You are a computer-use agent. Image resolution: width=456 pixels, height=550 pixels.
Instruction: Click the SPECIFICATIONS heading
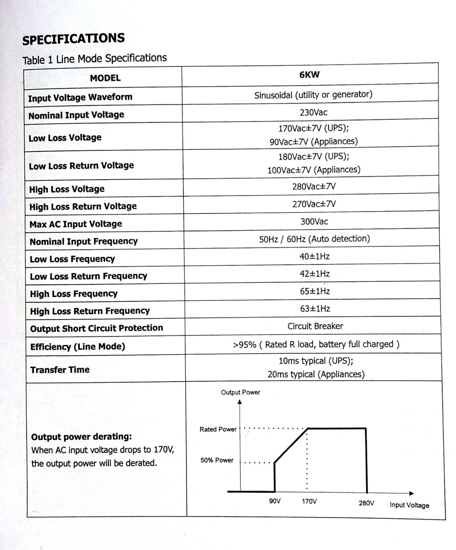73,39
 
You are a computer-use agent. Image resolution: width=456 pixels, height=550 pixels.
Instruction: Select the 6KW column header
309,75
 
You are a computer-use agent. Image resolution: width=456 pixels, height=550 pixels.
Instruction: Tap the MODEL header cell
105,78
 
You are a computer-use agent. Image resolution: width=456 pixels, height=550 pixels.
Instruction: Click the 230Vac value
313,112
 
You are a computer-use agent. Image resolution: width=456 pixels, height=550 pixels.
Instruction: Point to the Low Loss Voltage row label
65,138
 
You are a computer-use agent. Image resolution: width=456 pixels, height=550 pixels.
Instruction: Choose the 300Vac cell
314,222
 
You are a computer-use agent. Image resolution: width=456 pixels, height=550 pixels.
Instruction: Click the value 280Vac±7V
314,187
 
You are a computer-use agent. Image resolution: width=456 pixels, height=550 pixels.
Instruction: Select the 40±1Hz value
315,256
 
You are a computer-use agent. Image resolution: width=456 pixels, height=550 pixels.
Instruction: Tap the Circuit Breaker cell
315,326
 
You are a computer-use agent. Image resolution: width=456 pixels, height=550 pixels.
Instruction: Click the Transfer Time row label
60,370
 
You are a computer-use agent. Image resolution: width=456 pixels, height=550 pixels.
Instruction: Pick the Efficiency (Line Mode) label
78,347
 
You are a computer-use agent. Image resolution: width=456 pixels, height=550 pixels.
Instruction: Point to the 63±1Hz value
315,309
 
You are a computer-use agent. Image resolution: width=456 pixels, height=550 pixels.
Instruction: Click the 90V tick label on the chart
275,501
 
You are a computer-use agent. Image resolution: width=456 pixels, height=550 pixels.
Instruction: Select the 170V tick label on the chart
309,501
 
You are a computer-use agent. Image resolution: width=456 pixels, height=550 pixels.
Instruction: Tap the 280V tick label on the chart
366,503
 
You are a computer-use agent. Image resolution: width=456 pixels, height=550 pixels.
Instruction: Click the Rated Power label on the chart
218,429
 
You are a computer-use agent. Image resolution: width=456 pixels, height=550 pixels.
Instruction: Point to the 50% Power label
217,460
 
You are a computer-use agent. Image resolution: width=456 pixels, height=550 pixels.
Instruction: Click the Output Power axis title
240,392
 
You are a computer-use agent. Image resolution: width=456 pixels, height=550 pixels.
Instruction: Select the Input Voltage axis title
409,505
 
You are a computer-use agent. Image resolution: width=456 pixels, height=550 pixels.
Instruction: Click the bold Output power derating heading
81,437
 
